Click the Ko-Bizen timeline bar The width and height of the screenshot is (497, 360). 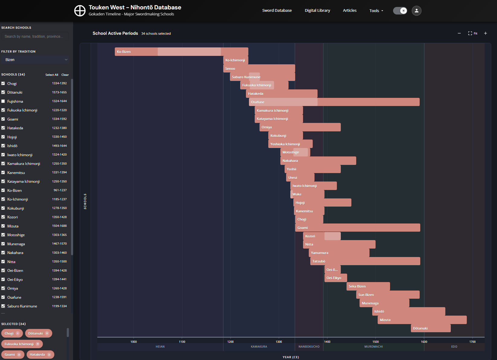click(181, 52)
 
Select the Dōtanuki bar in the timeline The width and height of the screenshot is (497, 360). click(431, 328)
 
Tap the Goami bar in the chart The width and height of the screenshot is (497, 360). click(357, 228)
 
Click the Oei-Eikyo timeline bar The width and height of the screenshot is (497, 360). click(335, 278)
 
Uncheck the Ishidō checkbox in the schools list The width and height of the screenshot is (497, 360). click(3, 146)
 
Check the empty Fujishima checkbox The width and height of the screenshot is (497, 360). click(3, 101)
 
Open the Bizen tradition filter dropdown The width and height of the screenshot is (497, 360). click(35, 60)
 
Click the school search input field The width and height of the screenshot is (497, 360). click(35, 37)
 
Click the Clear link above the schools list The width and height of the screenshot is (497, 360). click(65, 75)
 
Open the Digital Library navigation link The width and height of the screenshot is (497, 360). click(317, 11)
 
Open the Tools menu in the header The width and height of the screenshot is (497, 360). click(376, 11)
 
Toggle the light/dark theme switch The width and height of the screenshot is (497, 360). click(400, 11)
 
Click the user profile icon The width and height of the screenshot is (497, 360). click(416, 11)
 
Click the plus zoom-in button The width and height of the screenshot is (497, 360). click(485, 34)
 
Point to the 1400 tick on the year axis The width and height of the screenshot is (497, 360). click(327, 342)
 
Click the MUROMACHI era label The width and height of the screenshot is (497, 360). click(373, 347)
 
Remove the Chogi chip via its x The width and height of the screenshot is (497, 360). click(18, 333)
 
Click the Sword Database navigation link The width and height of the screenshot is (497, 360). click(277, 11)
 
